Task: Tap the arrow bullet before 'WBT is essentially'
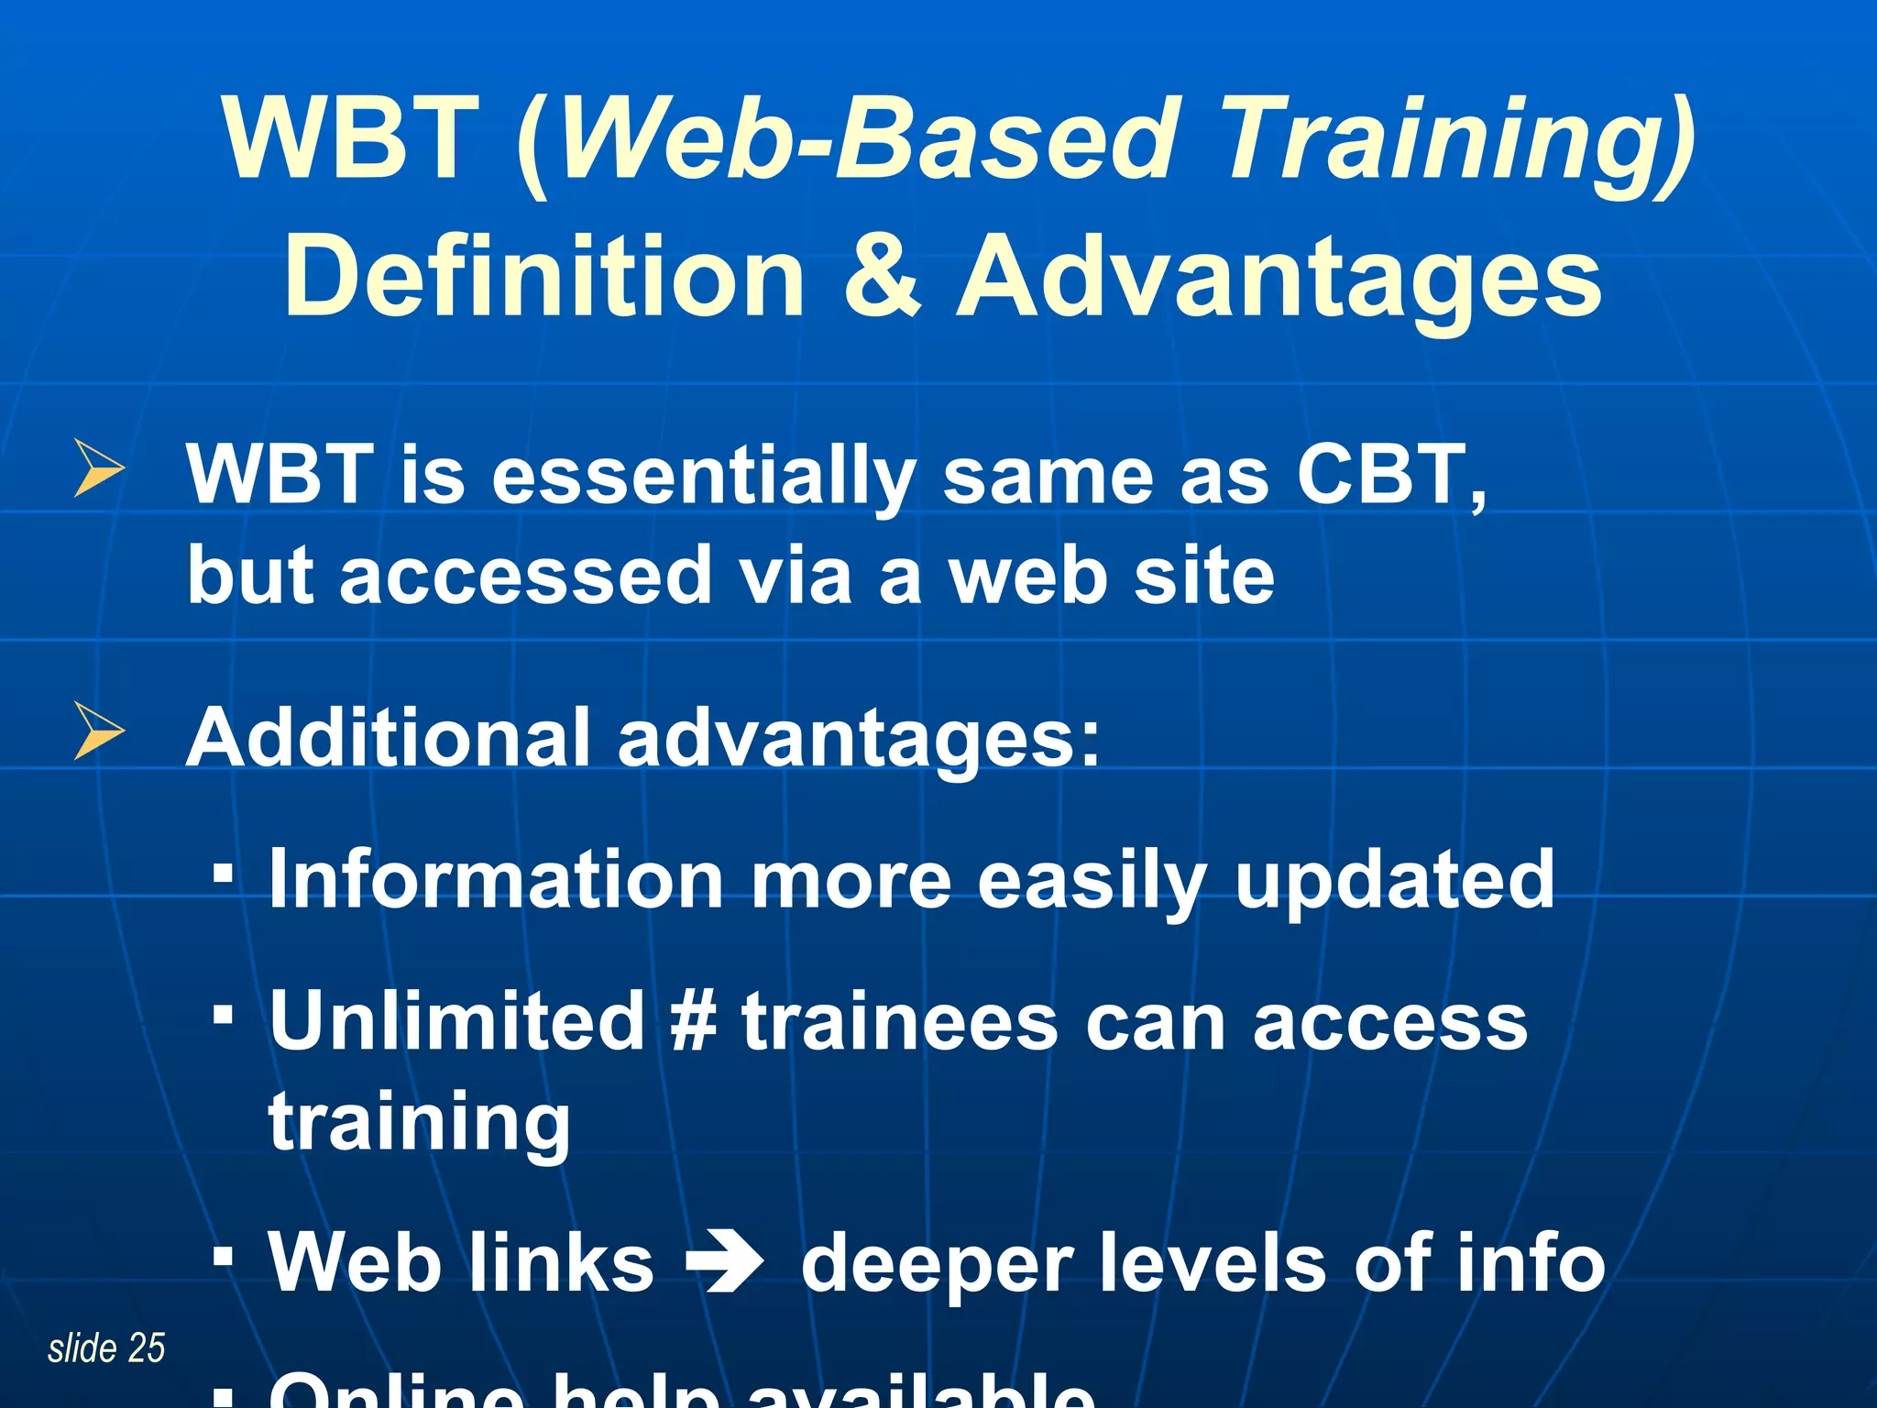point(98,468)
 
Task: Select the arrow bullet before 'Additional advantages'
point(98,731)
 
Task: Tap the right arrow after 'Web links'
point(725,1263)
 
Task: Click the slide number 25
point(146,1348)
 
